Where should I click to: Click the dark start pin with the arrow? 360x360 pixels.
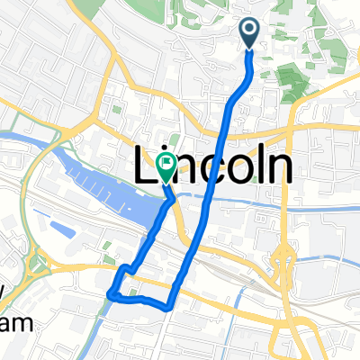coord(250,33)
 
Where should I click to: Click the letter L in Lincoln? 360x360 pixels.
coord(145,167)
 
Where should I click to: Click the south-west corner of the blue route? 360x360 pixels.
coord(111,293)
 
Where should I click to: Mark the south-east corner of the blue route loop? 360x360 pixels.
coord(169,306)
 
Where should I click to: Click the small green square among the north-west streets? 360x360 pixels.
coord(116,111)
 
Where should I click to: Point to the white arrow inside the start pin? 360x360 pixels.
coord(250,31)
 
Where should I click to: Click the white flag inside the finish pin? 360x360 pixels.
coord(166,162)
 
